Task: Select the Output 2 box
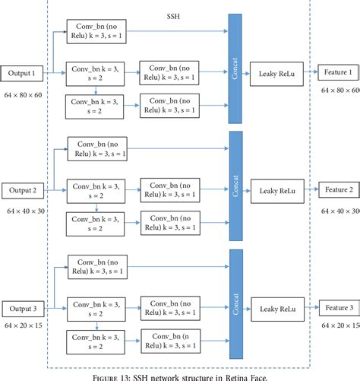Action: pyautogui.click(x=24, y=189)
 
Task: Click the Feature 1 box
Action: pyautogui.click(x=339, y=72)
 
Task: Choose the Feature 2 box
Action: pyautogui.click(x=339, y=189)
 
